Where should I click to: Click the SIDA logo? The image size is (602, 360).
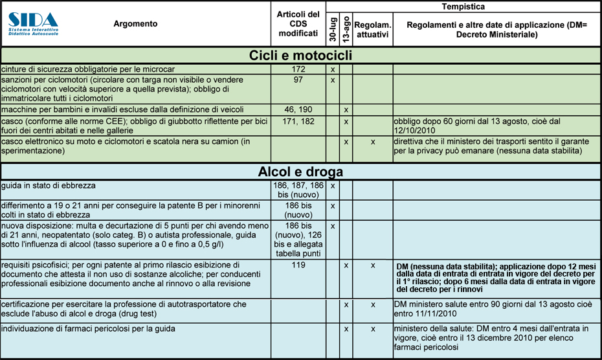pos(33,23)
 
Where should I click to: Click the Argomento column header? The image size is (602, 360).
pos(135,24)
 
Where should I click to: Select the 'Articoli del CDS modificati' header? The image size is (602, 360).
pos(298,24)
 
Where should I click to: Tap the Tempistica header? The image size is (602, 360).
pos(463,6)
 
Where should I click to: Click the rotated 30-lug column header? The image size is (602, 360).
pos(332,28)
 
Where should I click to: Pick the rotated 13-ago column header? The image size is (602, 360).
pos(346,28)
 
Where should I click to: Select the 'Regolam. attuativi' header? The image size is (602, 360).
pos(373,29)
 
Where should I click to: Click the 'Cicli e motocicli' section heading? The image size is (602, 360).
pos(300,56)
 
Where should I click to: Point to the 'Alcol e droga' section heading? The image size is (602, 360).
pos(300,172)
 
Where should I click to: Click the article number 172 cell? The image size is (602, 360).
pos(298,69)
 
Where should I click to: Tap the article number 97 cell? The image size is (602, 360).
pos(298,80)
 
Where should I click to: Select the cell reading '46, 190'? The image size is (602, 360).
pos(298,110)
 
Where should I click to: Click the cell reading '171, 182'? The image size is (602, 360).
pos(298,121)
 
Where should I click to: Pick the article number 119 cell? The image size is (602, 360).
pos(298,265)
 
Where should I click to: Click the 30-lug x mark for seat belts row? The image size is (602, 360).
pos(332,69)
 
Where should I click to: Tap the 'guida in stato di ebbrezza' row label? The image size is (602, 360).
pos(49,186)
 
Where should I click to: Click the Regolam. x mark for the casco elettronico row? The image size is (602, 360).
pos(373,141)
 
